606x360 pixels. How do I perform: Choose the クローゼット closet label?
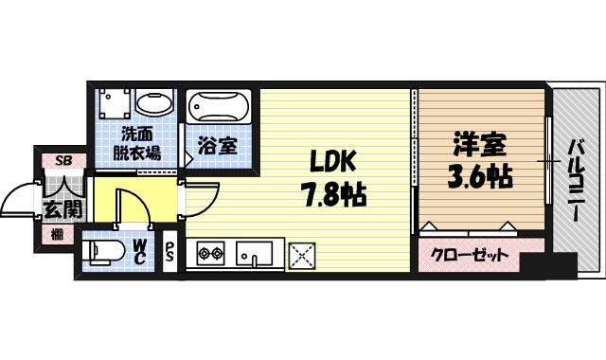(471, 255)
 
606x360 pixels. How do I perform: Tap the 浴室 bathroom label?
(217, 147)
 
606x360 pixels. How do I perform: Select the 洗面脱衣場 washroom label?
(137, 142)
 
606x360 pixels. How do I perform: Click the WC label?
(138, 253)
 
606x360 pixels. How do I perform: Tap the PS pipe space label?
(170, 254)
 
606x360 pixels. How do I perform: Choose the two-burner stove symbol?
(209, 254)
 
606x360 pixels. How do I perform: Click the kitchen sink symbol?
(254, 254)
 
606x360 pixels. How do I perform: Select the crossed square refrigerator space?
(302, 254)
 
